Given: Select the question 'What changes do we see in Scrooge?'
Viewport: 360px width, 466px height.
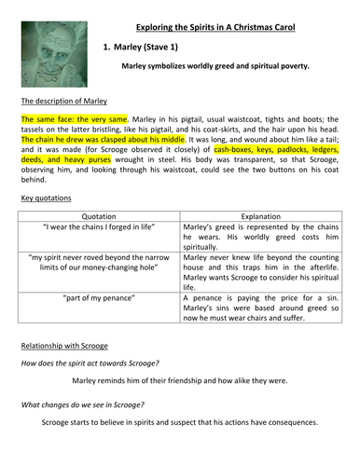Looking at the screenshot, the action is [x=84, y=405].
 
